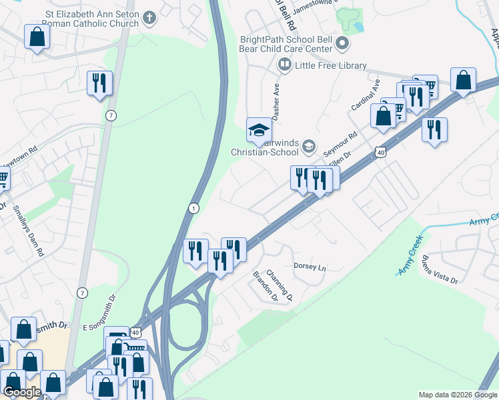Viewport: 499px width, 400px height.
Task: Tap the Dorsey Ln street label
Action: pos(310,267)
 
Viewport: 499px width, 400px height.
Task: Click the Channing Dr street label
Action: pos(280,284)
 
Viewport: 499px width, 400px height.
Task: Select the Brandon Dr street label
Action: pos(265,286)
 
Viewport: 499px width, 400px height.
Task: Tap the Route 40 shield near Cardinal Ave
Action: pos(380,152)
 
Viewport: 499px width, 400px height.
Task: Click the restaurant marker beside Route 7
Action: pos(99,83)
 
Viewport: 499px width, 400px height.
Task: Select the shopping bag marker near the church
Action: pos(37,37)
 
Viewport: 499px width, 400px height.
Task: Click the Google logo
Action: pos(22,392)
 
